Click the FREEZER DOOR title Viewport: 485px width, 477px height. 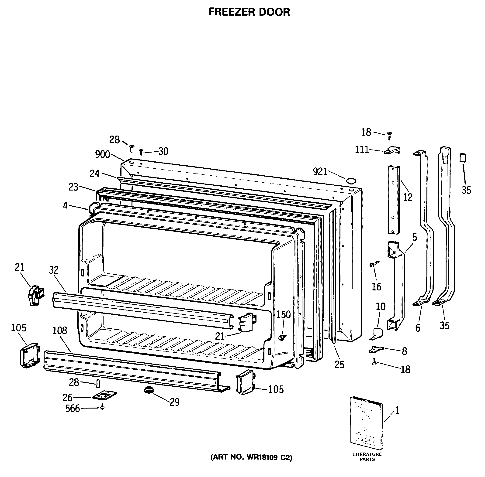click(249, 12)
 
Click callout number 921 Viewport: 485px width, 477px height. click(320, 172)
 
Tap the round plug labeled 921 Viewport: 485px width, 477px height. click(351, 181)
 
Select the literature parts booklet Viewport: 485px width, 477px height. click(366, 423)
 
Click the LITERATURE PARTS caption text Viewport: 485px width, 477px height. click(367, 457)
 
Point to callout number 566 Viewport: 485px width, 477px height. click(72, 409)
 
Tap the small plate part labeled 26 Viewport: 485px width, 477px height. click(104, 395)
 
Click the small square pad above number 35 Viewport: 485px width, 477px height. click(463, 158)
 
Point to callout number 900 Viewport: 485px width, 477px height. click(102, 154)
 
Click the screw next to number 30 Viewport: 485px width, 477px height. click(141, 152)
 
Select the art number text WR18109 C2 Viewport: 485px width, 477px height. click(251, 457)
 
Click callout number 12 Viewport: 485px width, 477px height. click(408, 198)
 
